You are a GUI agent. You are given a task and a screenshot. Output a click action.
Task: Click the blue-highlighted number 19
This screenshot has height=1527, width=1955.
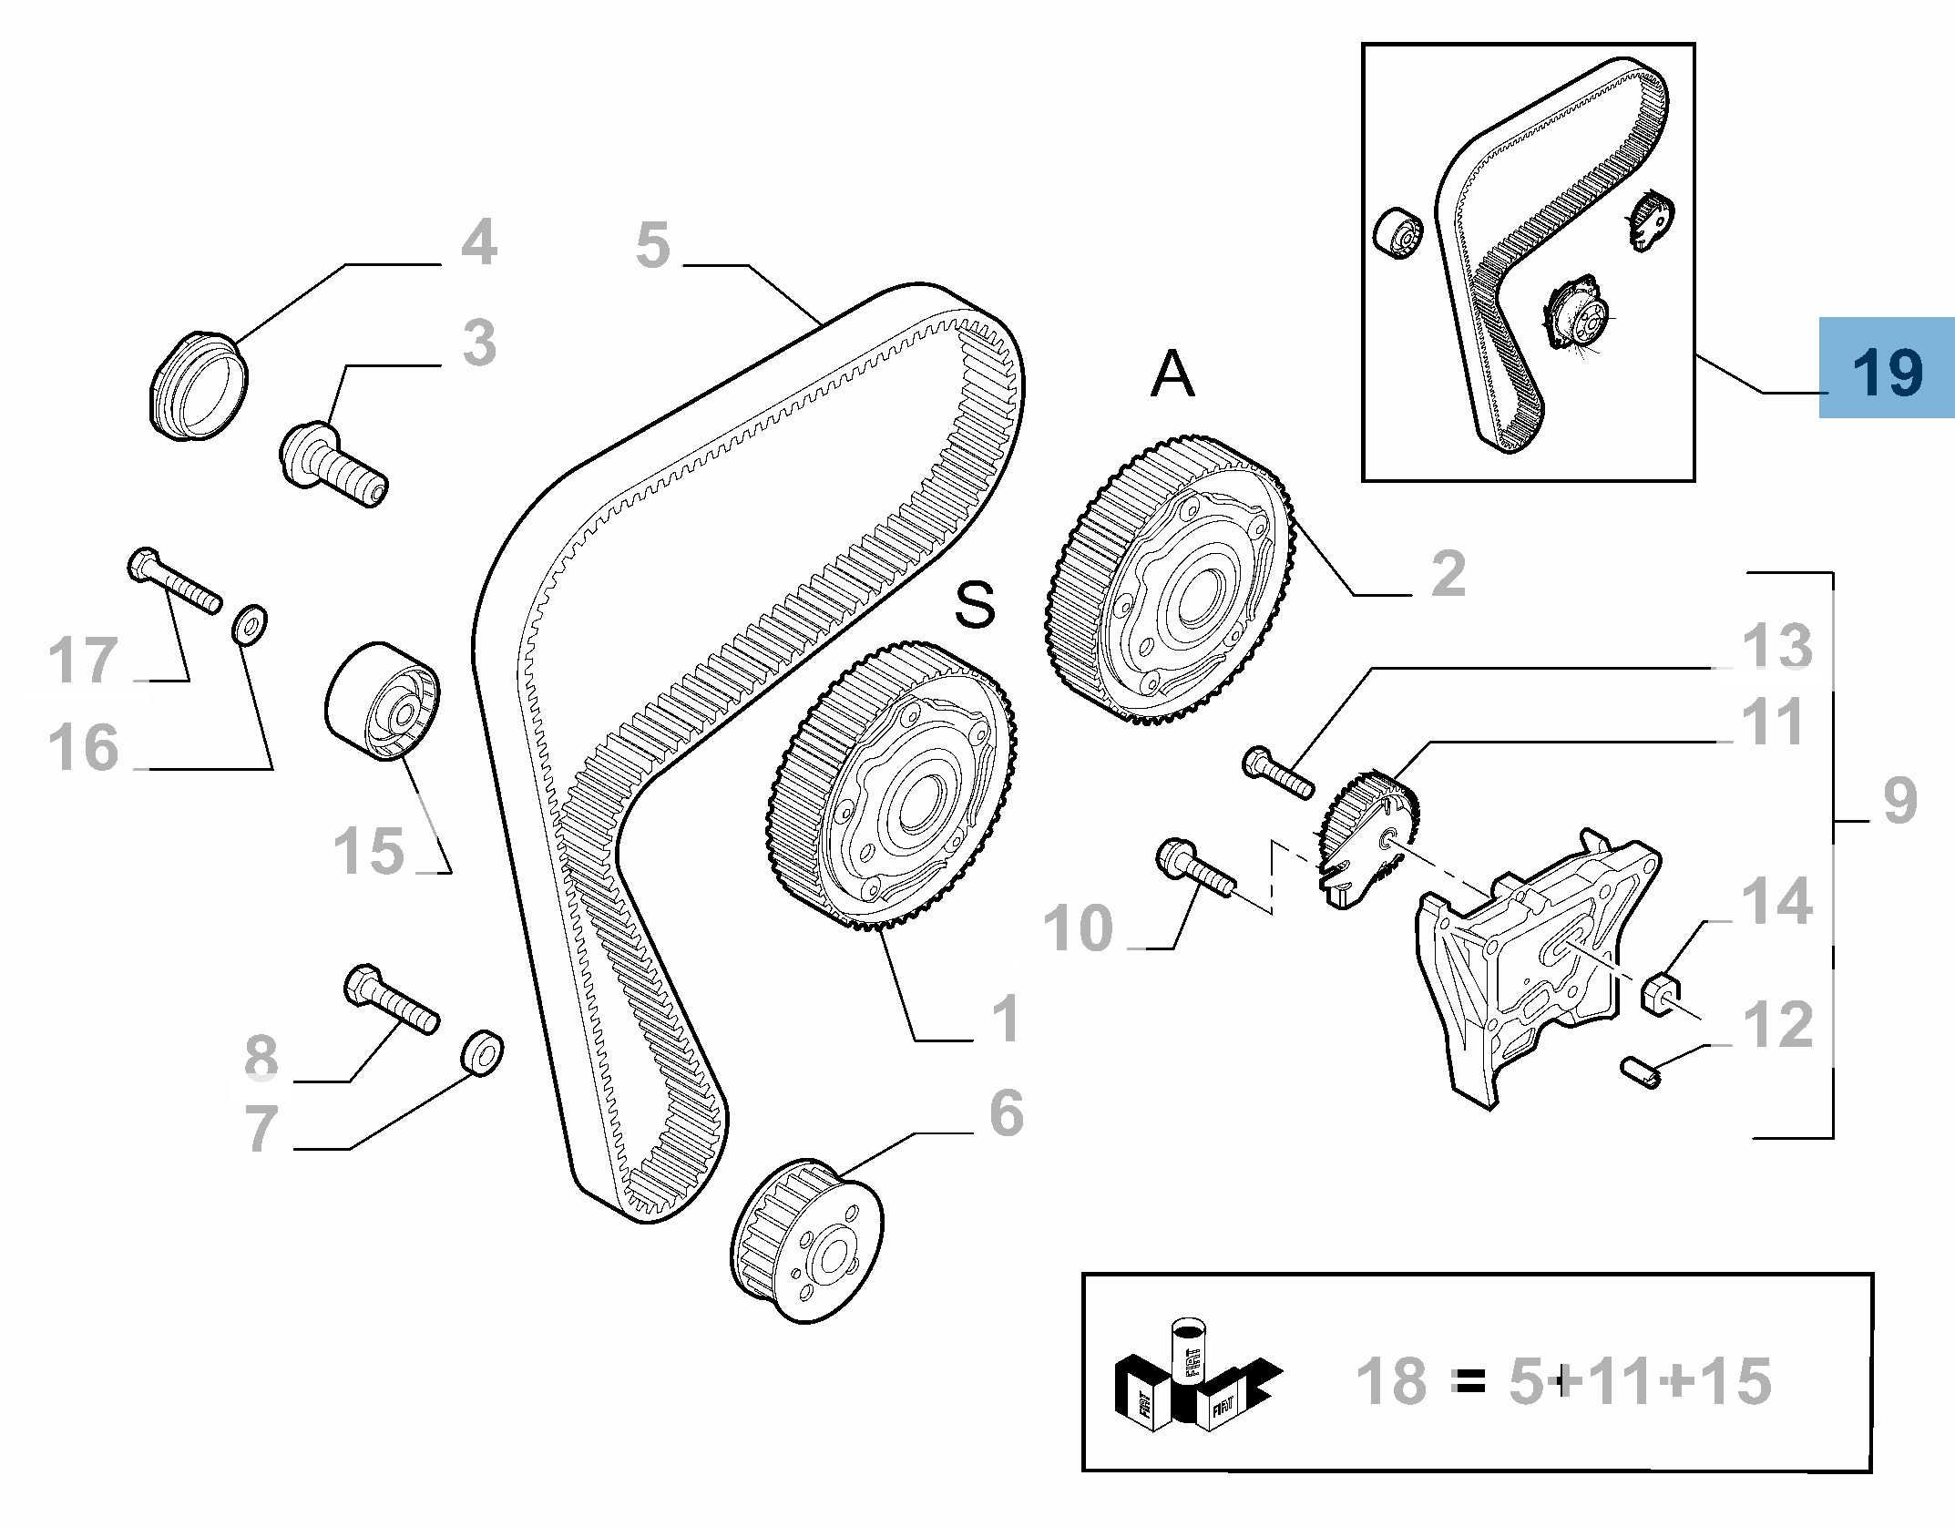[1887, 370]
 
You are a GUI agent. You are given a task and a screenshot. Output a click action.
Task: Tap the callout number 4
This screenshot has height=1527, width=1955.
[479, 242]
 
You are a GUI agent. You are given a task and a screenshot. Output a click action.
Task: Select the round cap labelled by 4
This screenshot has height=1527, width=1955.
[199, 387]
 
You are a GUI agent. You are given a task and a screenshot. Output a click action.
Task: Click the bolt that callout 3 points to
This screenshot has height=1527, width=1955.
[333, 464]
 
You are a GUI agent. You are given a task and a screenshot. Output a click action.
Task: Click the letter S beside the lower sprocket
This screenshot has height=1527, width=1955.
[976, 604]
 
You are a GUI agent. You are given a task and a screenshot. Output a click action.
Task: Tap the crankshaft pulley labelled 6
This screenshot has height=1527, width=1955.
[806, 1240]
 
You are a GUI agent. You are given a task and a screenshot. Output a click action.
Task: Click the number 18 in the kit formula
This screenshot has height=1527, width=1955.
[1391, 1381]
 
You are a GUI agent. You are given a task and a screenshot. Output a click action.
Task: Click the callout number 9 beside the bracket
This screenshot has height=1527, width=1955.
[1899, 800]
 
